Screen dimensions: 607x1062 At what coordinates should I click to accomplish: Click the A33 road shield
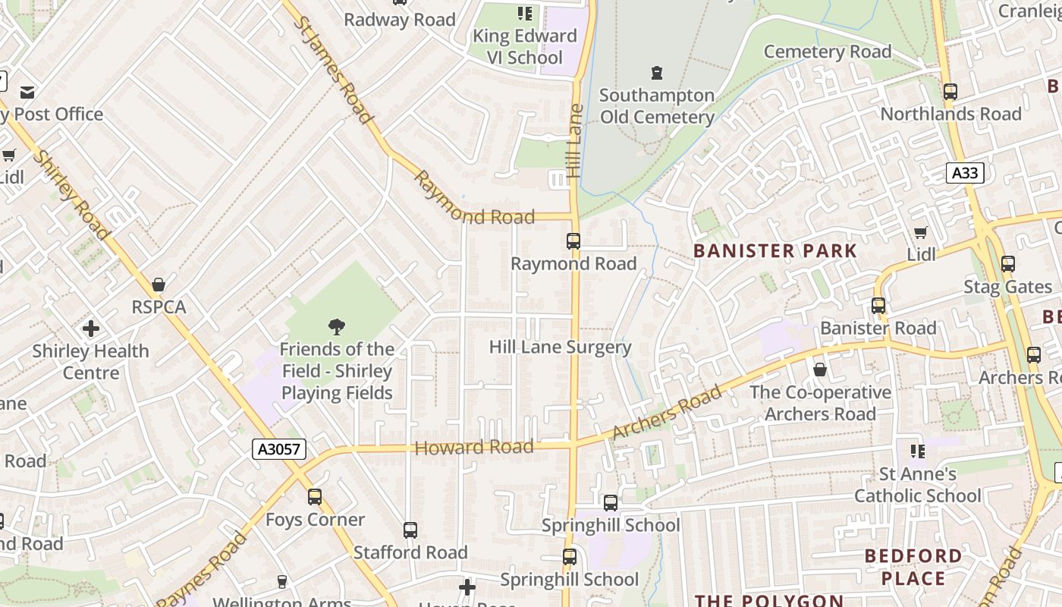coord(965,173)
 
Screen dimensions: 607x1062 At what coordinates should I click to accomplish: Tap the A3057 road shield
coord(279,449)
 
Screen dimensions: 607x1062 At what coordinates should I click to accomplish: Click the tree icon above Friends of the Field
coord(337,327)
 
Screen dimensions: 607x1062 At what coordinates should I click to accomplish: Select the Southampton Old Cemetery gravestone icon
coord(657,74)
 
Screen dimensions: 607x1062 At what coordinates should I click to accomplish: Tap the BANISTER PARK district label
coord(775,251)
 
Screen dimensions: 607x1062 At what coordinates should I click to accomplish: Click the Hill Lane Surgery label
coord(560,348)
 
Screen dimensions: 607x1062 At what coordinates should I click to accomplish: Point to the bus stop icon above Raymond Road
coord(573,241)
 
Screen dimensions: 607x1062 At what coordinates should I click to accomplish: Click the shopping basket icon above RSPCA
coord(159,285)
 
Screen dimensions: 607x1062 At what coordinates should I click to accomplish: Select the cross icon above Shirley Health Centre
coord(91,329)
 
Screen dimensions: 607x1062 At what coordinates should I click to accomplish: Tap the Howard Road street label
coord(474,448)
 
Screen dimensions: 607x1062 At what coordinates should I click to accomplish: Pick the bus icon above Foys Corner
coord(315,498)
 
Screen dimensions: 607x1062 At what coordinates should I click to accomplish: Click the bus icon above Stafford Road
coord(410,530)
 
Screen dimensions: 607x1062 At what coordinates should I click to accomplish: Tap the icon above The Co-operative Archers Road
coord(820,370)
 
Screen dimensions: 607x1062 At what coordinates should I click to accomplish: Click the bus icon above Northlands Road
coord(950,92)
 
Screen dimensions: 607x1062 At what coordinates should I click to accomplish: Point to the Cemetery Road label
coord(827,52)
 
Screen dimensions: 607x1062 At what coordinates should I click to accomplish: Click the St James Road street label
coord(333,70)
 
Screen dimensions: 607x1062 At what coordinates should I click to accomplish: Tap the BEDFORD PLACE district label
coord(913,567)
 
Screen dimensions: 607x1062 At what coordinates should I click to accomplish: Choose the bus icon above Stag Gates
coord(1008,264)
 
